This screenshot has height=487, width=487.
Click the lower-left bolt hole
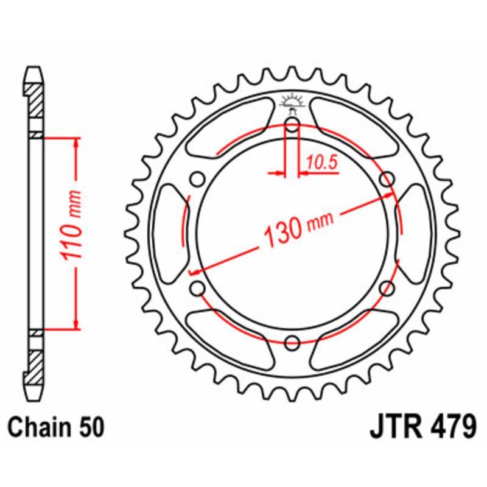pos(197,288)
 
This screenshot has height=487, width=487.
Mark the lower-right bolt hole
pos(386,288)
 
